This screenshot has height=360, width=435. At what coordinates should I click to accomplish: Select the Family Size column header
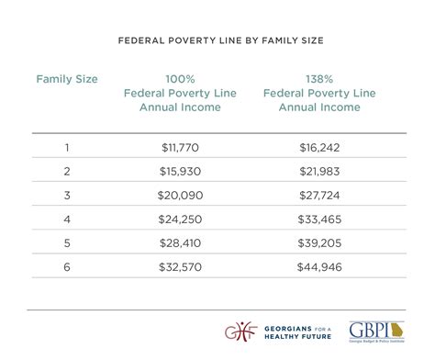pos(67,79)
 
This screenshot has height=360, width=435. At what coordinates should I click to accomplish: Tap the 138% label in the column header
pos(319,79)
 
